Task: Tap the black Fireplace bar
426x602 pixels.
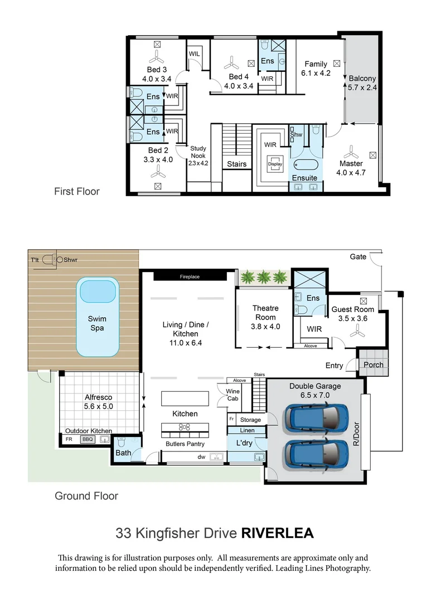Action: pos(190,276)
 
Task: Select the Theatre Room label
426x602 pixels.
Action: pos(265,313)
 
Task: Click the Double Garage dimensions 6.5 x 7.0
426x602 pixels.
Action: pos(315,395)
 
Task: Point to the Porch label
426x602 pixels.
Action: pos(373,365)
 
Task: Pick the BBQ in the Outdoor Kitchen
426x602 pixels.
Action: pos(88,439)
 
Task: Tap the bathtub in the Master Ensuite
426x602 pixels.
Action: pos(305,166)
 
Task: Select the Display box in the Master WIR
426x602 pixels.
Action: pos(275,164)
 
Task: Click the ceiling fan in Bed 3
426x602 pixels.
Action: pos(157,56)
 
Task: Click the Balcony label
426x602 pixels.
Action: pos(362,79)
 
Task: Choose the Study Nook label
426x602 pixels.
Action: pos(198,156)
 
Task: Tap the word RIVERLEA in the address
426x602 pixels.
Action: pos(277,533)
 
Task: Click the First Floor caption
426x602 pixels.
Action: pos(76,191)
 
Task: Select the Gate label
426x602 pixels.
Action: pos(358,256)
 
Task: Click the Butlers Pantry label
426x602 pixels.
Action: pos(185,444)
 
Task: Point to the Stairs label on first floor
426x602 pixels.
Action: pos(236,164)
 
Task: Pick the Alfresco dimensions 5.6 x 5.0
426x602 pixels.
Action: pos(99,406)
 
